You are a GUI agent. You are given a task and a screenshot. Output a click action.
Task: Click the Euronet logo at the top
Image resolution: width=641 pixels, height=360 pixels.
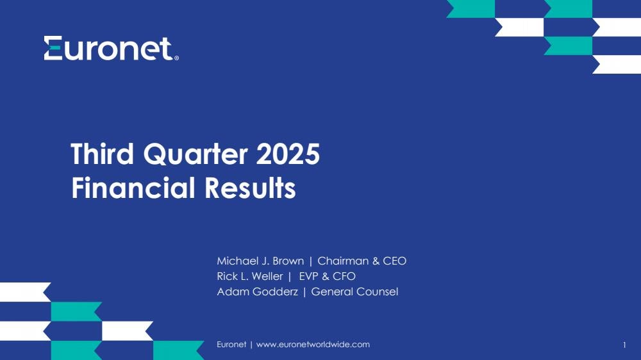pyautogui.click(x=111, y=48)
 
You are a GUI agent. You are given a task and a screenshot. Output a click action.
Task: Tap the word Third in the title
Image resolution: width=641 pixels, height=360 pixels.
pyautogui.click(x=102, y=154)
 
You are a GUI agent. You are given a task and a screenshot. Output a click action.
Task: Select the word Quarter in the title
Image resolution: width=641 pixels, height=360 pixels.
pyautogui.click(x=196, y=154)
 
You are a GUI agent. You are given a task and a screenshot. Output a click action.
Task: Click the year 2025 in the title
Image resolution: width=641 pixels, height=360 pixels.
pyautogui.click(x=288, y=154)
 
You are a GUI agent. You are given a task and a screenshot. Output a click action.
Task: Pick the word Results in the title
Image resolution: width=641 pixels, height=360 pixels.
pyautogui.click(x=250, y=188)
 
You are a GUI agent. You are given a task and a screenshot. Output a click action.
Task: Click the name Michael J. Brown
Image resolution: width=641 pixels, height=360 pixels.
pyautogui.click(x=260, y=261)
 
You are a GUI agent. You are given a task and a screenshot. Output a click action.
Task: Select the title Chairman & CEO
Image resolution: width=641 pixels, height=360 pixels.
pyautogui.click(x=362, y=261)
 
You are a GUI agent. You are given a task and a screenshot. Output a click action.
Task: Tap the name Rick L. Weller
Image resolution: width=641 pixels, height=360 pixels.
pyautogui.click(x=250, y=276)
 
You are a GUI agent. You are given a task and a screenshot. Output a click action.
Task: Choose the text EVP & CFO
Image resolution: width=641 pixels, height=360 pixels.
pyautogui.click(x=327, y=276)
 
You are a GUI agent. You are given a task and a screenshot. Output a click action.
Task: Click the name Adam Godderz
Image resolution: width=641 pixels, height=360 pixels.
pyautogui.click(x=257, y=291)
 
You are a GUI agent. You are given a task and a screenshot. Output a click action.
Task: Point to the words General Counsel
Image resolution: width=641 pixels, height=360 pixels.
pyautogui.click(x=354, y=291)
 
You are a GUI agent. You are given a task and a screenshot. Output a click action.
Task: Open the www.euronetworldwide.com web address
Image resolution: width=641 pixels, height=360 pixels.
pyautogui.click(x=313, y=345)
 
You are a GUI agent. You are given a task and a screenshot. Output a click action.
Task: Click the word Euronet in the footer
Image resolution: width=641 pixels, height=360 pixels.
pyautogui.click(x=231, y=345)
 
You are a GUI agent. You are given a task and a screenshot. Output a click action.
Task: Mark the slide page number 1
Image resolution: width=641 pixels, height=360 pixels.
pyautogui.click(x=624, y=345)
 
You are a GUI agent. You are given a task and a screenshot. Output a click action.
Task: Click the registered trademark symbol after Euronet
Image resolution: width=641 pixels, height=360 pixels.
pyautogui.click(x=176, y=58)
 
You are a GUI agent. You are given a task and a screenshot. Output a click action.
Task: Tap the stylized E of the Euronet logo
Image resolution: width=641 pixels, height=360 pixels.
pyautogui.click(x=53, y=48)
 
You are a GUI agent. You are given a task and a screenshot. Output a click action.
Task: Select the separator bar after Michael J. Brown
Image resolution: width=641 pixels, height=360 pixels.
pyautogui.click(x=311, y=261)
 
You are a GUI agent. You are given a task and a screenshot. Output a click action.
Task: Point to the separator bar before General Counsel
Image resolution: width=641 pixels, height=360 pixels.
pyautogui.click(x=304, y=292)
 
